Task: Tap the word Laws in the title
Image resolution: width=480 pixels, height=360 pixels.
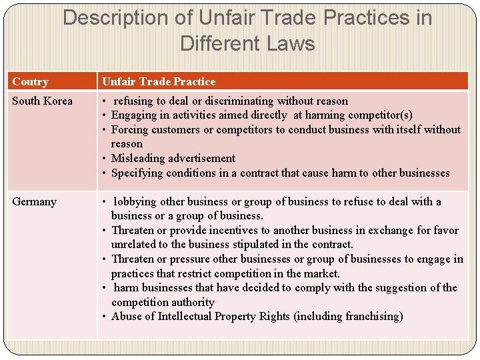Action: coord(291,44)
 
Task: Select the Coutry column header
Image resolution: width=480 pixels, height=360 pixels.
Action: coord(31,81)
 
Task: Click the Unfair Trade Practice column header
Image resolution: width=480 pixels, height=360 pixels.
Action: coord(158,81)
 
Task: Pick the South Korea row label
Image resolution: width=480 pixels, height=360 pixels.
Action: coord(43,101)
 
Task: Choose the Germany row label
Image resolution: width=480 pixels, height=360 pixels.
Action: coord(34,201)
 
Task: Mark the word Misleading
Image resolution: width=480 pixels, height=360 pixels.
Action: coord(137,158)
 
